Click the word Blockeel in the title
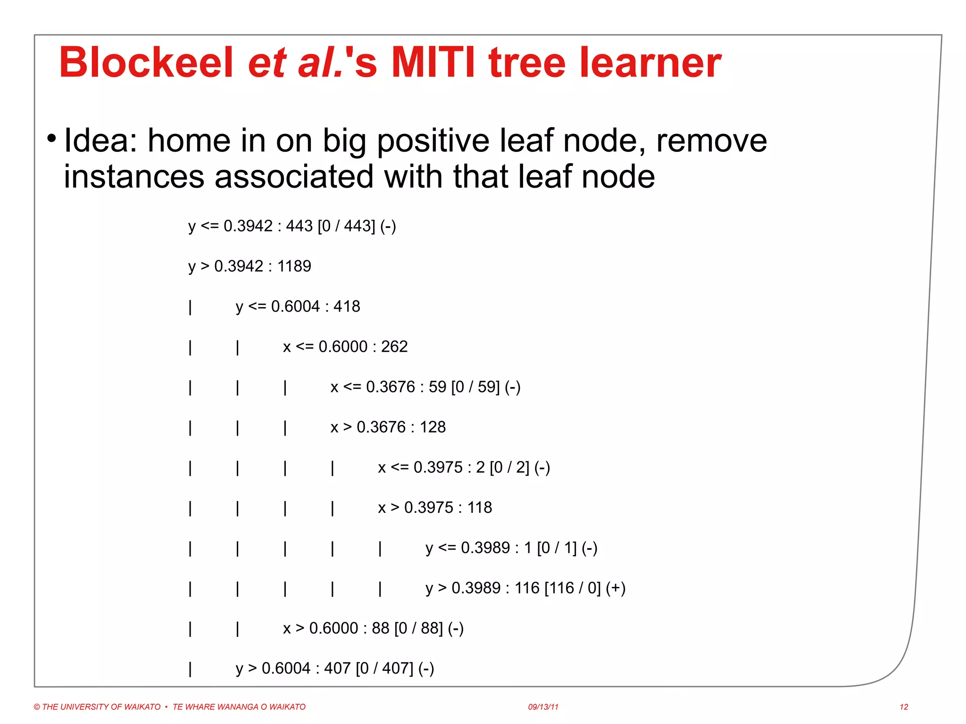pyautogui.click(x=146, y=63)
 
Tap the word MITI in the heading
pyautogui.click(x=433, y=63)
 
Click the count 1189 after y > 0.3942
pyautogui.click(x=294, y=266)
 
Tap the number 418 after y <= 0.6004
pyautogui.click(x=347, y=307)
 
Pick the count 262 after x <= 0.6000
pyautogui.click(x=394, y=347)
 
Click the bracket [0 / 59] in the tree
pyautogui.click(x=475, y=387)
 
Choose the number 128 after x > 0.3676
pyautogui.click(x=433, y=427)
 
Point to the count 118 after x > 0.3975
pyautogui.click(x=480, y=508)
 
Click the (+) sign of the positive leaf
pyautogui.click(x=616, y=588)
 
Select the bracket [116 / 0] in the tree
pyautogui.click(x=573, y=588)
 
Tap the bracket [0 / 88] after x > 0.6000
pyautogui.click(x=418, y=628)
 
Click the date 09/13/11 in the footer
pyautogui.click(x=543, y=707)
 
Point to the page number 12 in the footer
pyautogui.click(x=904, y=707)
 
